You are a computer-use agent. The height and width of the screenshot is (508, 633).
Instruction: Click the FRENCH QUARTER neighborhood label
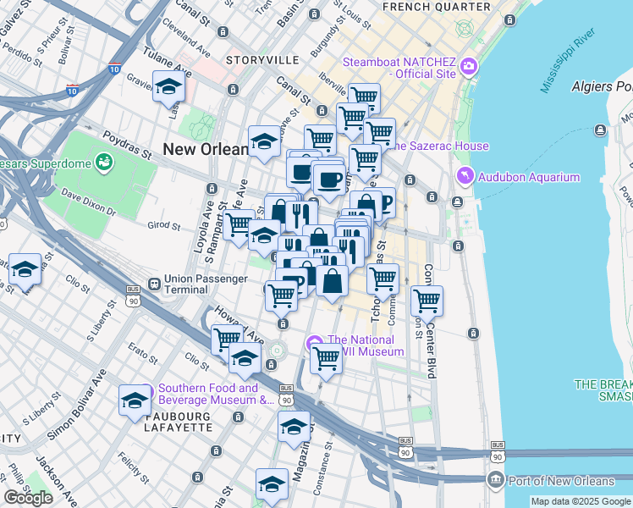pos(436,7)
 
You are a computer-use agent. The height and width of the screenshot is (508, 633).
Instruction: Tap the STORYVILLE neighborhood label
pos(262,60)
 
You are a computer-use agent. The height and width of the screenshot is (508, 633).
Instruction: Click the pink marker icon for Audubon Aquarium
pos(465,177)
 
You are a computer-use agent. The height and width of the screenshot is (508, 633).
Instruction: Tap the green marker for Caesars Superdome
pos(106,160)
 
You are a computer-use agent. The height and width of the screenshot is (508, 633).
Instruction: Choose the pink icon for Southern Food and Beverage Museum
pos(145,393)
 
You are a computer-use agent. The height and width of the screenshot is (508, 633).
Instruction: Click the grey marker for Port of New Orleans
pos(496,481)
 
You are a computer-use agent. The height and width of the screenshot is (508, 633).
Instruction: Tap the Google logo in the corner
pos(28,497)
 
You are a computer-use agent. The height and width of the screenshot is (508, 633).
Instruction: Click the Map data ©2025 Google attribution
pos(580,501)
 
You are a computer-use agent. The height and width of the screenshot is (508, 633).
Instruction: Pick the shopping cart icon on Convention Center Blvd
pos(427,300)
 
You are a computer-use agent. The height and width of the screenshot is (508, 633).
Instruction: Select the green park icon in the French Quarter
pos(465,29)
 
